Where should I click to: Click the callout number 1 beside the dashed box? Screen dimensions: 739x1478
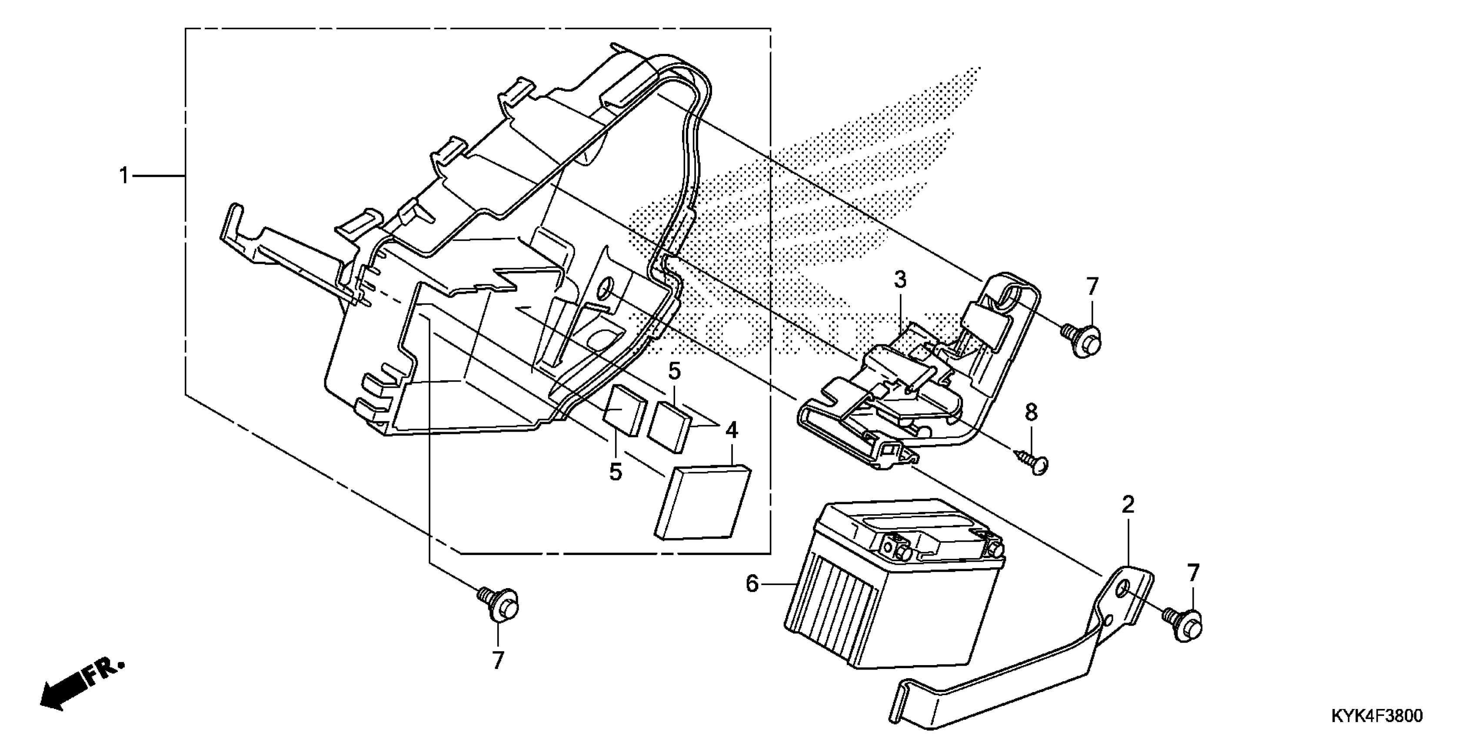tap(124, 176)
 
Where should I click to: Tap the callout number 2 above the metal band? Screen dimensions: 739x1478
tap(1128, 505)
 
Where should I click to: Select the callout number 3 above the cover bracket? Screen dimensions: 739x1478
tap(900, 280)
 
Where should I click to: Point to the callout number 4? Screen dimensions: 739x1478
tap(732, 430)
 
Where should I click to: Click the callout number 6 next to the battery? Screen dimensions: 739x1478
tap(752, 584)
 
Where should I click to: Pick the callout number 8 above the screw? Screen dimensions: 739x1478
tap(1031, 412)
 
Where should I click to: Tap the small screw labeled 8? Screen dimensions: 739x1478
tap(1033, 462)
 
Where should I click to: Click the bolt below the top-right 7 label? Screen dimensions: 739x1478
tap(1082, 339)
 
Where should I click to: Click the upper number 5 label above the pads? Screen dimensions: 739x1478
tap(674, 372)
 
